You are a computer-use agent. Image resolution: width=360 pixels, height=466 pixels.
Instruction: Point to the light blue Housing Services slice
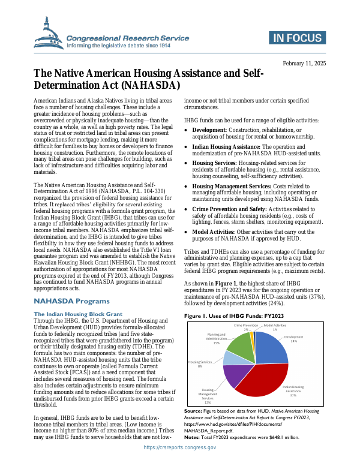click(231, 359)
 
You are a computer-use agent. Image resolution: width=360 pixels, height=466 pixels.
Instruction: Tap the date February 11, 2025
click(304, 64)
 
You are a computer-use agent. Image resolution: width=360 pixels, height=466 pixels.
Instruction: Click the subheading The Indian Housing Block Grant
click(78, 314)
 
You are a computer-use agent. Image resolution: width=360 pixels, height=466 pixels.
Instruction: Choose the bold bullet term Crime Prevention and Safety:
click(229, 209)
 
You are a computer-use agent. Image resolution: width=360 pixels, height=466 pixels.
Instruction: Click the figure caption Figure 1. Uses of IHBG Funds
click(233, 315)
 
